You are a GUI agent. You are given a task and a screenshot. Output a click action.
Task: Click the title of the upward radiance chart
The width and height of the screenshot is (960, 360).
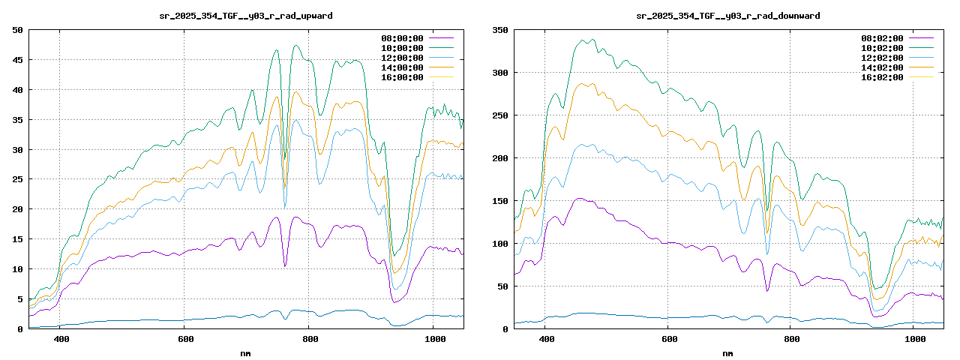[x=247, y=16]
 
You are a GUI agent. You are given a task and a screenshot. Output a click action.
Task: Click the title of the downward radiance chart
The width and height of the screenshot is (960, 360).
[x=727, y=16]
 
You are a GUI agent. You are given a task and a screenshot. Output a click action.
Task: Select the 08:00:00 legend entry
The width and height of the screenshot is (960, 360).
[x=402, y=37]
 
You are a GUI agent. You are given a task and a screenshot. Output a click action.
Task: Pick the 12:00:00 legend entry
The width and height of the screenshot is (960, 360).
[x=402, y=58]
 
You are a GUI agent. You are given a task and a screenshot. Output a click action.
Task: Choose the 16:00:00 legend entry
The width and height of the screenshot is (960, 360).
[x=402, y=77]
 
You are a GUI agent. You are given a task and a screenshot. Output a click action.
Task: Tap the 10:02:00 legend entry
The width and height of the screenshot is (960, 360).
[x=882, y=47]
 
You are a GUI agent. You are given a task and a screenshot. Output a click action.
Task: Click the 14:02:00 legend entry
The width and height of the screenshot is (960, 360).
[x=882, y=67]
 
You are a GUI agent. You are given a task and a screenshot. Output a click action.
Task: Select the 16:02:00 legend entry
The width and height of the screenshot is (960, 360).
[x=882, y=77]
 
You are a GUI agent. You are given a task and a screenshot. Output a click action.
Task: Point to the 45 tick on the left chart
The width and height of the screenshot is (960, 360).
[x=16, y=60]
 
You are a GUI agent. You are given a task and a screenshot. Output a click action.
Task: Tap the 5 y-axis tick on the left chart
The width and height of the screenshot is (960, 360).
[x=19, y=299]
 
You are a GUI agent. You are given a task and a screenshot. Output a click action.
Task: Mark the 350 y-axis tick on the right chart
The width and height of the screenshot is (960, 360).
[x=499, y=30]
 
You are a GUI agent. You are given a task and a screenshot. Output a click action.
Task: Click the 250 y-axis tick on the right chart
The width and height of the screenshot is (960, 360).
[x=499, y=115]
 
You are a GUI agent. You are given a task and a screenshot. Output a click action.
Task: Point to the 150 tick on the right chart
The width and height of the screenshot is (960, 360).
[x=499, y=201]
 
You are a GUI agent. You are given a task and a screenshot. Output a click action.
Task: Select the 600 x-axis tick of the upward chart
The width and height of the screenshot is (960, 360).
[x=184, y=339]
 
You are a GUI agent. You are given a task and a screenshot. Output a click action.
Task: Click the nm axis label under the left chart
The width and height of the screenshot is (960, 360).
[x=246, y=352]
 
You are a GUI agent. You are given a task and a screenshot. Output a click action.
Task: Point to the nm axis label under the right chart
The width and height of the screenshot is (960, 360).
[x=727, y=352]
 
